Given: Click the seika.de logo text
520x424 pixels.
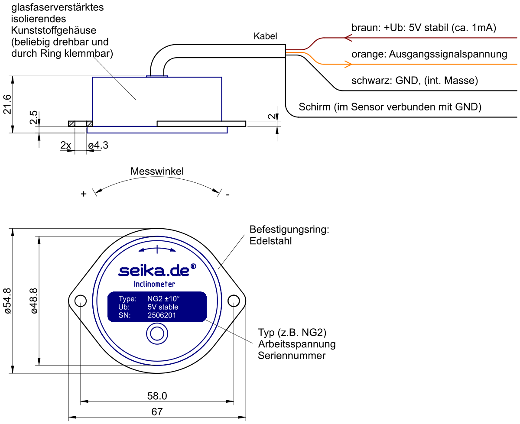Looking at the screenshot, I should point(154,271).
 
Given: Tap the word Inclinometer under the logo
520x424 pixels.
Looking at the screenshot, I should point(154,285).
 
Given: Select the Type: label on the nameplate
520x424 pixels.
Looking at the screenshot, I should point(127,299).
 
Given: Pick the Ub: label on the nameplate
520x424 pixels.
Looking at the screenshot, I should point(124,307).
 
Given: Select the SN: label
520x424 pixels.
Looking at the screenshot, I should point(124,315).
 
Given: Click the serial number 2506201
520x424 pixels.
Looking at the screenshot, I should point(162,315).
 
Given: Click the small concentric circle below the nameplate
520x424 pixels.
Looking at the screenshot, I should point(157,334).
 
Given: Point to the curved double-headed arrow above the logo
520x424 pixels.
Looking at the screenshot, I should point(157,249).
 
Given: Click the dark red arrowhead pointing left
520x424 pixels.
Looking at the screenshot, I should point(348,38).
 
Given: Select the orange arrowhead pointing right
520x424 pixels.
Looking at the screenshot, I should point(348,64).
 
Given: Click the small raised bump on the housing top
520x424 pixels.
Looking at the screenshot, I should point(157,76).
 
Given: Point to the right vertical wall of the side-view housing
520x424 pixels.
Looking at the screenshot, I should point(222,99).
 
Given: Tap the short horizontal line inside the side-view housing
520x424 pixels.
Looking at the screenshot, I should point(125,126).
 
